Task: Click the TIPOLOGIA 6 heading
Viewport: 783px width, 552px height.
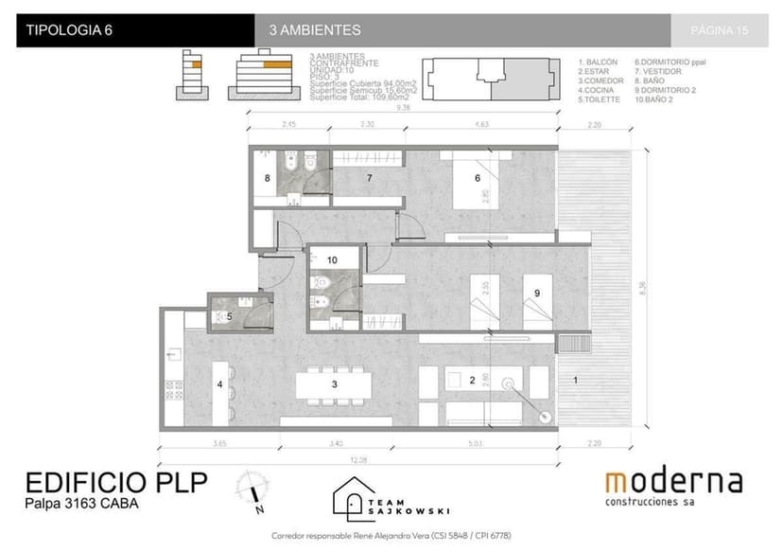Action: [70, 30]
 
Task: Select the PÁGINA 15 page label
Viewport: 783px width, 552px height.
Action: [719, 30]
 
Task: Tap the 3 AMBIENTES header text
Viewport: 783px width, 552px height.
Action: [315, 30]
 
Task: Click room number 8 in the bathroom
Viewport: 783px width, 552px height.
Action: [267, 178]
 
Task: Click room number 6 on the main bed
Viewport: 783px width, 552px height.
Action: [478, 178]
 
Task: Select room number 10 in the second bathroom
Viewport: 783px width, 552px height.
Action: [331, 258]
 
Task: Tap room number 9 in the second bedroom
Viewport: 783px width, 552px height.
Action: [536, 294]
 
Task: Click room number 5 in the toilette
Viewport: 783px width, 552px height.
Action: [229, 317]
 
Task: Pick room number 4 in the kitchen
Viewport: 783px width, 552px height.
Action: [219, 384]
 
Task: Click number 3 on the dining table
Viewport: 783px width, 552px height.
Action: [333, 384]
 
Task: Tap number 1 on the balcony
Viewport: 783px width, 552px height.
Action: [576, 380]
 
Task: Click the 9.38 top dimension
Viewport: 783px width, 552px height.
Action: [404, 108]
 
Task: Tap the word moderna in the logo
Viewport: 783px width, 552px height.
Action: [673, 482]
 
